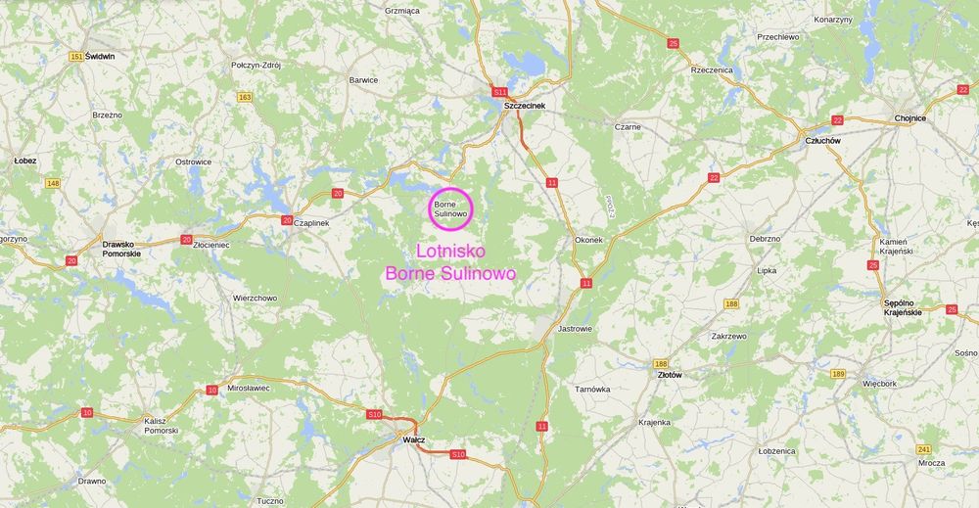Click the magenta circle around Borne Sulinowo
click(452, 208)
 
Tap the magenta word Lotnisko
click(450, 251)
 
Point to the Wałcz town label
click(413, 439)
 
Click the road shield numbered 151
click(76, 57)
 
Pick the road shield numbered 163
click(245, 96)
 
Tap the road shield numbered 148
click(53, 183)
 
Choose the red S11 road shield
click(500, 91)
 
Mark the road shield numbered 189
click(837, 374)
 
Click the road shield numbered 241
click(923, 448)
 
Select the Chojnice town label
click(909, 118)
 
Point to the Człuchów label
click(822, 140)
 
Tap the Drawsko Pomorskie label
click(121, 249)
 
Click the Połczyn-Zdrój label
click(256, 65)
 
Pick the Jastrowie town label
click(575, 329)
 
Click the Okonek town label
click(588, 239)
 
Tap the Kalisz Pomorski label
click(161, 425)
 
